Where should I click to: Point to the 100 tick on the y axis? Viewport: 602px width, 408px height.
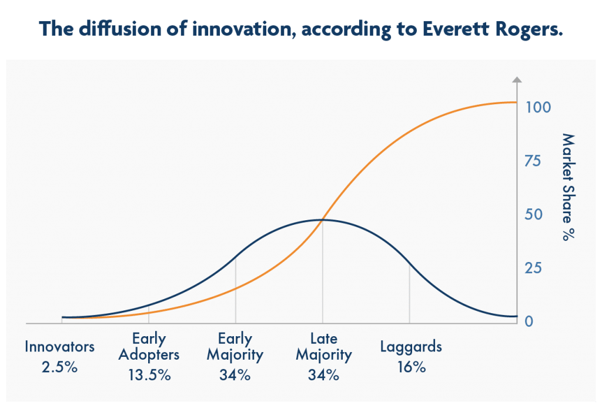[x=538, y=107]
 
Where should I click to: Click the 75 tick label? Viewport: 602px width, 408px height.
[x=533, y=161]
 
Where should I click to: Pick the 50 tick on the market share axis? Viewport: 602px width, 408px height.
[x=534, y=214]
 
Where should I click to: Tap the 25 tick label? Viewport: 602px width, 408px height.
[x=533, y=268]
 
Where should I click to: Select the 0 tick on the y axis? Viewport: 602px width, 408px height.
[x=529, y=321]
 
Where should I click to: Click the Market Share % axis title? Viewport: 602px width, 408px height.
[x=568, y=187]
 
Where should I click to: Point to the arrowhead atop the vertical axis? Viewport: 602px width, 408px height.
[x=517, y=79]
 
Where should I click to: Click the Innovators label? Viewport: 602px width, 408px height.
[x=59, y=347]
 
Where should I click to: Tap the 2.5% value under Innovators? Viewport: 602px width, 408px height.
[x=59, y=367]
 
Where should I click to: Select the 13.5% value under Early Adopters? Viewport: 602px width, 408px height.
[x=149, y=375]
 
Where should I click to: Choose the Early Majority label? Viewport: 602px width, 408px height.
[x=235, y=347]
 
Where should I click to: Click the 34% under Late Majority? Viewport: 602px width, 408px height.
[x=324, y=375]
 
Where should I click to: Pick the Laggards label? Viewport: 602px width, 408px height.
[x=411, y=347]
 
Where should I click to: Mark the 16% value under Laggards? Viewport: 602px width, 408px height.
[x=412, y=367]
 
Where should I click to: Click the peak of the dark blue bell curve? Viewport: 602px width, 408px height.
[x=321, y=220]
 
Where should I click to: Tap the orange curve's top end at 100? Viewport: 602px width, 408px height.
[x=516, y=102]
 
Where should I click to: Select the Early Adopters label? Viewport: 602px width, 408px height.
[x=149, y=347]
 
